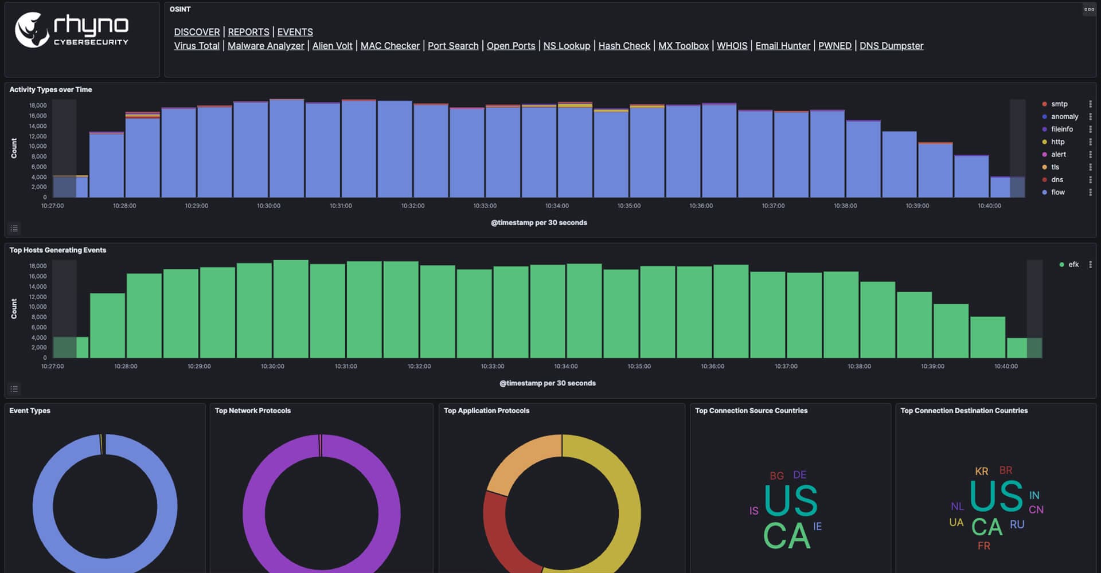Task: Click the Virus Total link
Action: (x=197, y=46)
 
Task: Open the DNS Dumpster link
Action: (x=891, y=46)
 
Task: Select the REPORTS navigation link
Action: (x=248, y=32)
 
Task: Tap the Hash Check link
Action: (x=624, y=46)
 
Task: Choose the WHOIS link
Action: (x=732, y=46)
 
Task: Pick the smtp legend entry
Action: (x=1059, y=104)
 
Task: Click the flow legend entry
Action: (x=1057, y=193)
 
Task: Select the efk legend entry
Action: (x=1073, y=265)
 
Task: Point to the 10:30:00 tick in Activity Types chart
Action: (x=268, y=206)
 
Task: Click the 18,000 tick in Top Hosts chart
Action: (x=38, y=266)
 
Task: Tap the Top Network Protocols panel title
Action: (x=252, y=411)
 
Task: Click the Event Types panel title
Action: (x=30, y=411)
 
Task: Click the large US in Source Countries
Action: (x=791, y=501)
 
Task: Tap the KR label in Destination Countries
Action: (x=981, y=472)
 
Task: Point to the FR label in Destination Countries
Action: (x=983, y=546)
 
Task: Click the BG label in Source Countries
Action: (x=776, y=476)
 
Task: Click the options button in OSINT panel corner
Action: (x=1088, y=9)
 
